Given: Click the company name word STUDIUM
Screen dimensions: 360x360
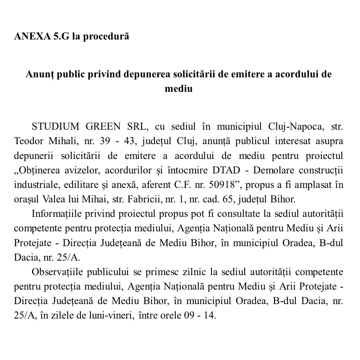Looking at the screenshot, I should coord(55,127).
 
